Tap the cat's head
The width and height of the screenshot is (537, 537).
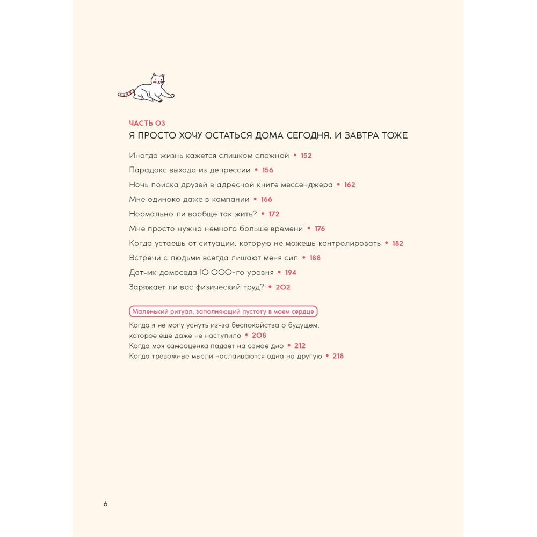tap(158, 81)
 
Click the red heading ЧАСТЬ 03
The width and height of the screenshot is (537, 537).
tap(147, 123)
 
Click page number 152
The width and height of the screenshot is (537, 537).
tap(306, 156)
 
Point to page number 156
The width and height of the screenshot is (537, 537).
tap(267, 170)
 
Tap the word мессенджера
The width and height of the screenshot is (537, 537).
tap(307, 185)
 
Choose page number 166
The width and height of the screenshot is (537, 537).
tap(266, 199)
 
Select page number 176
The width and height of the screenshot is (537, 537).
tap(320, 229)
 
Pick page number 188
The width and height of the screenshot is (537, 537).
tap(315, 258)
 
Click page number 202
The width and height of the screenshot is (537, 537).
tap(283, 287)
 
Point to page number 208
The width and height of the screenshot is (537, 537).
tap(259, 336)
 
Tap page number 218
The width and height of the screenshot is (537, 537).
tap(338, 356)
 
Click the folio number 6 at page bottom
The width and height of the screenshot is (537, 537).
tap(106, 504)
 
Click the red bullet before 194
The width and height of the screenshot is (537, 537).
tap(279, 273)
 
